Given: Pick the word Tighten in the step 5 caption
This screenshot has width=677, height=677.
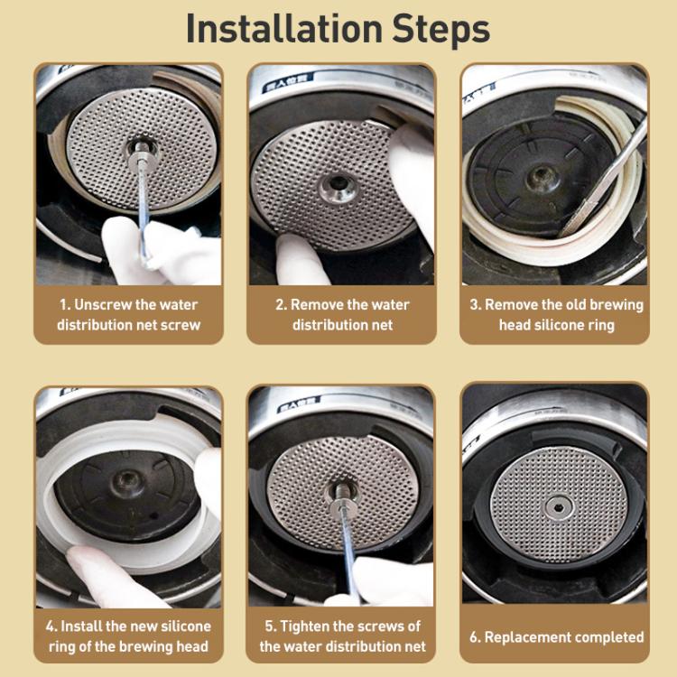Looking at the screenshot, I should pyautogui.click(x=311, y=626).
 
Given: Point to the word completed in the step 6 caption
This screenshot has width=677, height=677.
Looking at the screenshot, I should pyautogui.click(x=609, y=636).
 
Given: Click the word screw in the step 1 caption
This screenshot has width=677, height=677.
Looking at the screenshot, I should pyautogui.click(x=181, y=324).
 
